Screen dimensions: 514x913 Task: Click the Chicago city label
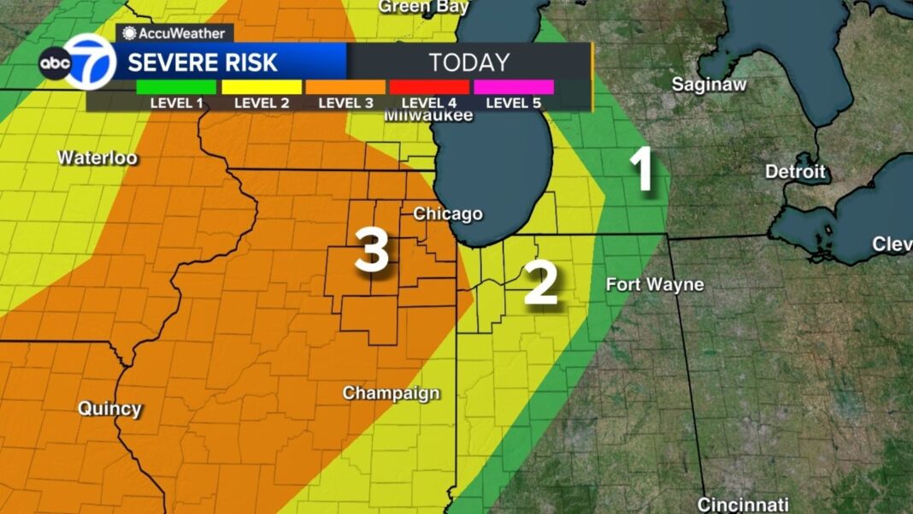[448, 214]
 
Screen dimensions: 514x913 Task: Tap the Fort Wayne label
[655, 285]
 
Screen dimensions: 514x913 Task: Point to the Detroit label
[795, 172]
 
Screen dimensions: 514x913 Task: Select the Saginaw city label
[710, 85]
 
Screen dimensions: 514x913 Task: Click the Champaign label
[392, 393]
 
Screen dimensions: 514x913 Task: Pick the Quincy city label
[109, 409]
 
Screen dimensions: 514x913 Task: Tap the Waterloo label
[97, 158]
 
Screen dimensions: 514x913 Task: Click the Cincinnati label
[743, 504]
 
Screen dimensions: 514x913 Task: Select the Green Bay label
[424, 7]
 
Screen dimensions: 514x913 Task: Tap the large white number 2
[541, 284]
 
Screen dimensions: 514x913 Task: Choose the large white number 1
[642, 169]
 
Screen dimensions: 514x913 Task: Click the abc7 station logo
[77, 62]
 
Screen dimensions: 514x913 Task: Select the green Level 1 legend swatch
[176, 87]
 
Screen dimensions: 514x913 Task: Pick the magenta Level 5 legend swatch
[513, 87]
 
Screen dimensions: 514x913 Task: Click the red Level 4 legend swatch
[429, 87]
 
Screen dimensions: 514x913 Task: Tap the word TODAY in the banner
[469, 62]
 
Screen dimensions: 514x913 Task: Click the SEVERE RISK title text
[203, 62]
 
